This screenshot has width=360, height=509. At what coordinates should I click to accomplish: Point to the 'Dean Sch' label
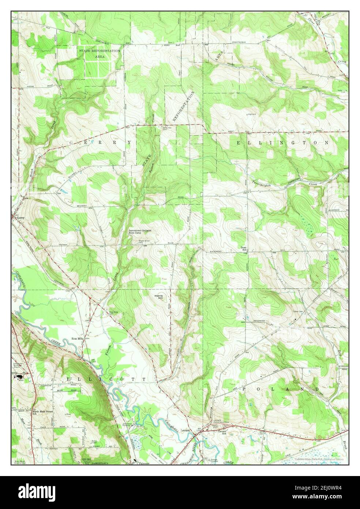point(243,249)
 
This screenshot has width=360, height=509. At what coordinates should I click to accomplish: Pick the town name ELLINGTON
point(282,142)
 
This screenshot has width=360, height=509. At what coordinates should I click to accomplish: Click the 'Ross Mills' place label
point(78,339)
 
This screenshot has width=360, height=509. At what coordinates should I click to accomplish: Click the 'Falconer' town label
point(142,463)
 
